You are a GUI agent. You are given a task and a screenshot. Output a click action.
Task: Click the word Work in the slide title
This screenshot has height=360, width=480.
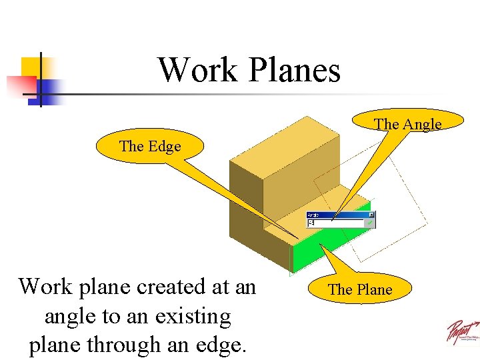tap(197, 70)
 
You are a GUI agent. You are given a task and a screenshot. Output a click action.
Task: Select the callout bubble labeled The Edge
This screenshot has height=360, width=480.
tap(149, 146)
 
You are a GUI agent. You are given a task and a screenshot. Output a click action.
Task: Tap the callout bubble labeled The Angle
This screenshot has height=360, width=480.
tap(407, 122)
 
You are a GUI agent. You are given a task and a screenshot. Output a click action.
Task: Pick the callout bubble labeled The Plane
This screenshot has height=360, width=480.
tap(361, 289)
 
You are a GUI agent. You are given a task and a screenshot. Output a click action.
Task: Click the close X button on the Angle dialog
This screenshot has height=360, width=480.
tap(371, 215)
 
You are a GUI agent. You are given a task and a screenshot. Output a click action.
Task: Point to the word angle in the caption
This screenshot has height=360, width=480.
tap(71, 315)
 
